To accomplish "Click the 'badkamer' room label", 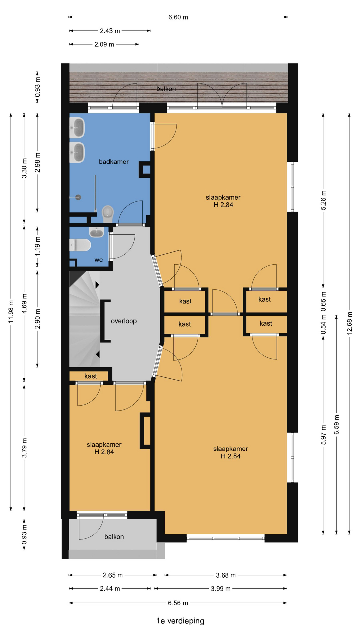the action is coord(114,162).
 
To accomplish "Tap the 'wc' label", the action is coord(99,260).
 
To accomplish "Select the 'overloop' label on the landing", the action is coord(124,321).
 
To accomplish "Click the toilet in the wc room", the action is coord(80,245).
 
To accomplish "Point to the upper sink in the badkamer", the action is coord(77,128).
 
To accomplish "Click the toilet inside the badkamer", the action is coord(108,213).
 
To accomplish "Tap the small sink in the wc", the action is coord(97,231).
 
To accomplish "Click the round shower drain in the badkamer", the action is coord(78,197).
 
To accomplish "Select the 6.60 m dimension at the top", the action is coord(178,17).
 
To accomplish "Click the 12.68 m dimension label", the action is coord(349,323).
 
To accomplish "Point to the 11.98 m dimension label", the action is coord(11,311).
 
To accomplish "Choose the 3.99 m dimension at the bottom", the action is coord(221,589).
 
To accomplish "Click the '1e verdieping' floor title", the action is coord(180,621).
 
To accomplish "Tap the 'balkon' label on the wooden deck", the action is coord(166,89).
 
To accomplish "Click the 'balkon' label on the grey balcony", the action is coord(114,537).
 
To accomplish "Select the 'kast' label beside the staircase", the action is coord(91,376).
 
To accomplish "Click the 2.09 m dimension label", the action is coord(104,44).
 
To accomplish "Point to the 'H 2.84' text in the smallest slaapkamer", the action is coord(104,452).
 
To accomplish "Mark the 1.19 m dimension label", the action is coord(38,246).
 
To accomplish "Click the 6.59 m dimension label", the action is coord(336,425).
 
